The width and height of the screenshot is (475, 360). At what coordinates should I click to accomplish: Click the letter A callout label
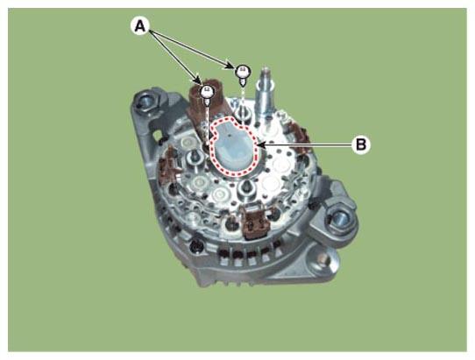[x=140, y=26]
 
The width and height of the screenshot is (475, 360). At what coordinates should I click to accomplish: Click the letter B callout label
[x=361, y=145]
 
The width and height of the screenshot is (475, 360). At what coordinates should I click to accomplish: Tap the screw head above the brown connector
[x=208, y=92]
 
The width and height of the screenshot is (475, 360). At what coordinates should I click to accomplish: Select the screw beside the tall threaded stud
[x=244, y=74]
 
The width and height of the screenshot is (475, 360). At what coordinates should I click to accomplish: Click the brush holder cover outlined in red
[x=235, y=147]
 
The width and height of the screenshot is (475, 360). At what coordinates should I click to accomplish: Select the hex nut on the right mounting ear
[x=337, y=219]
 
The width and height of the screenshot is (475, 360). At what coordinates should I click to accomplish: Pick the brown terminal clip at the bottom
[x=254, y=222]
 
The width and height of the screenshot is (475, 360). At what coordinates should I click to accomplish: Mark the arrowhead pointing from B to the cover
[x=261, y=145]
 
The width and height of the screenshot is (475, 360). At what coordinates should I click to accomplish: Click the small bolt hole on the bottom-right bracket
[x=323, y=259]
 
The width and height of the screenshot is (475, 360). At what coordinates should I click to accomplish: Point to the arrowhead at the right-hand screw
[x=230, y=67]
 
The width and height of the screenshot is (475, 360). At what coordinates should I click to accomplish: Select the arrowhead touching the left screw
[x=198, y=81]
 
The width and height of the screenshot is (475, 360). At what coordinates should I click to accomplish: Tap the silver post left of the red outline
[x=194, y=157]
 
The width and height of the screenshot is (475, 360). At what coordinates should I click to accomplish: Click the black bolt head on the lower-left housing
[x=195, y=247]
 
